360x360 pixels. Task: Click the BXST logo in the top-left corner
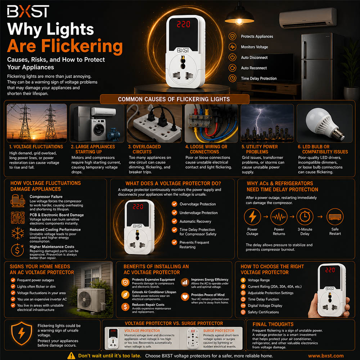pos(28,11)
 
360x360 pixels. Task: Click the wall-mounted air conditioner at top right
pos(308,18)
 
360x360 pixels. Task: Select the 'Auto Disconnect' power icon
pos(232,57)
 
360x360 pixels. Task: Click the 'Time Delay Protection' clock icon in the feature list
pos(232,78)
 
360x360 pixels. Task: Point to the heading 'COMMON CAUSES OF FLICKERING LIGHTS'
pos(174,99)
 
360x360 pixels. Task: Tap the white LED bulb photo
pos(324,123)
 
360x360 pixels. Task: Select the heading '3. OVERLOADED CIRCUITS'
pos(145,149)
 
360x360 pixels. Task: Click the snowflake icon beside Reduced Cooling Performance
pos(18,233)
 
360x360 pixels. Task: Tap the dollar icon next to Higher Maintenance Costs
pos(17,250)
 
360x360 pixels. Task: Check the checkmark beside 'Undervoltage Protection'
pos(175,213)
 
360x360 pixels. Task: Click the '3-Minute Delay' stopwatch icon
pos(305,216)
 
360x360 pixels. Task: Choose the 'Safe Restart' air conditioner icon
pos(335,216)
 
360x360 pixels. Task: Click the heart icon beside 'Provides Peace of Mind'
pos(185,297)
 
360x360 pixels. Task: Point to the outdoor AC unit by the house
pos(91,300)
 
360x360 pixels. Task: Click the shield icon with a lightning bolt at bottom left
pos(22,333)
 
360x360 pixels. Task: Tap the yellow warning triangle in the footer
pos(71,356)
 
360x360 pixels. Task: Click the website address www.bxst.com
pos(326,356)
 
